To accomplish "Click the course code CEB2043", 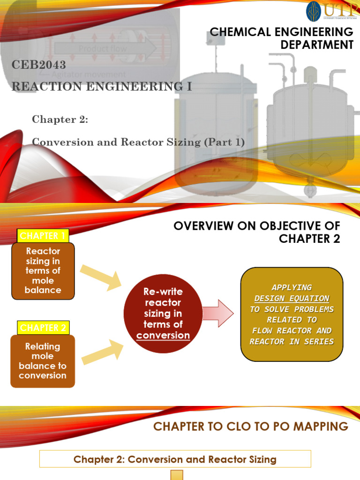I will tap(38, 65).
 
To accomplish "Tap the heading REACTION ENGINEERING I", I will tap(101, 86).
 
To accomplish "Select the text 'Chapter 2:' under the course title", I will tap(60, 119).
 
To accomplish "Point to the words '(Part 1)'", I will tap(224, 142).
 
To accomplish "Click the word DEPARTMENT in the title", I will tap(317, 45).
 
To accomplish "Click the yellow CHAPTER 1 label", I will tap(43, 235).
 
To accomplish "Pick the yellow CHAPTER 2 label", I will tap(43, 328).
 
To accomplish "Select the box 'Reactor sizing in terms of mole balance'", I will tap(43, 270).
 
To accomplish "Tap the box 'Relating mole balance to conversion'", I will tap(43, 361).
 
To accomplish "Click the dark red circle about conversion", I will tap(163, 313).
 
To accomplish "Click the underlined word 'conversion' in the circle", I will tap(163, 335).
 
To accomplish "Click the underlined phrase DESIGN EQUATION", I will tap(292, 298).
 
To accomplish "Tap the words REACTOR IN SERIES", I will tap(292, 341).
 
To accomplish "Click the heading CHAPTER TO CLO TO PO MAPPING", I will tap(251, 426).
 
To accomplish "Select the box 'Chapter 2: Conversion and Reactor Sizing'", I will tap(175, 459).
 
